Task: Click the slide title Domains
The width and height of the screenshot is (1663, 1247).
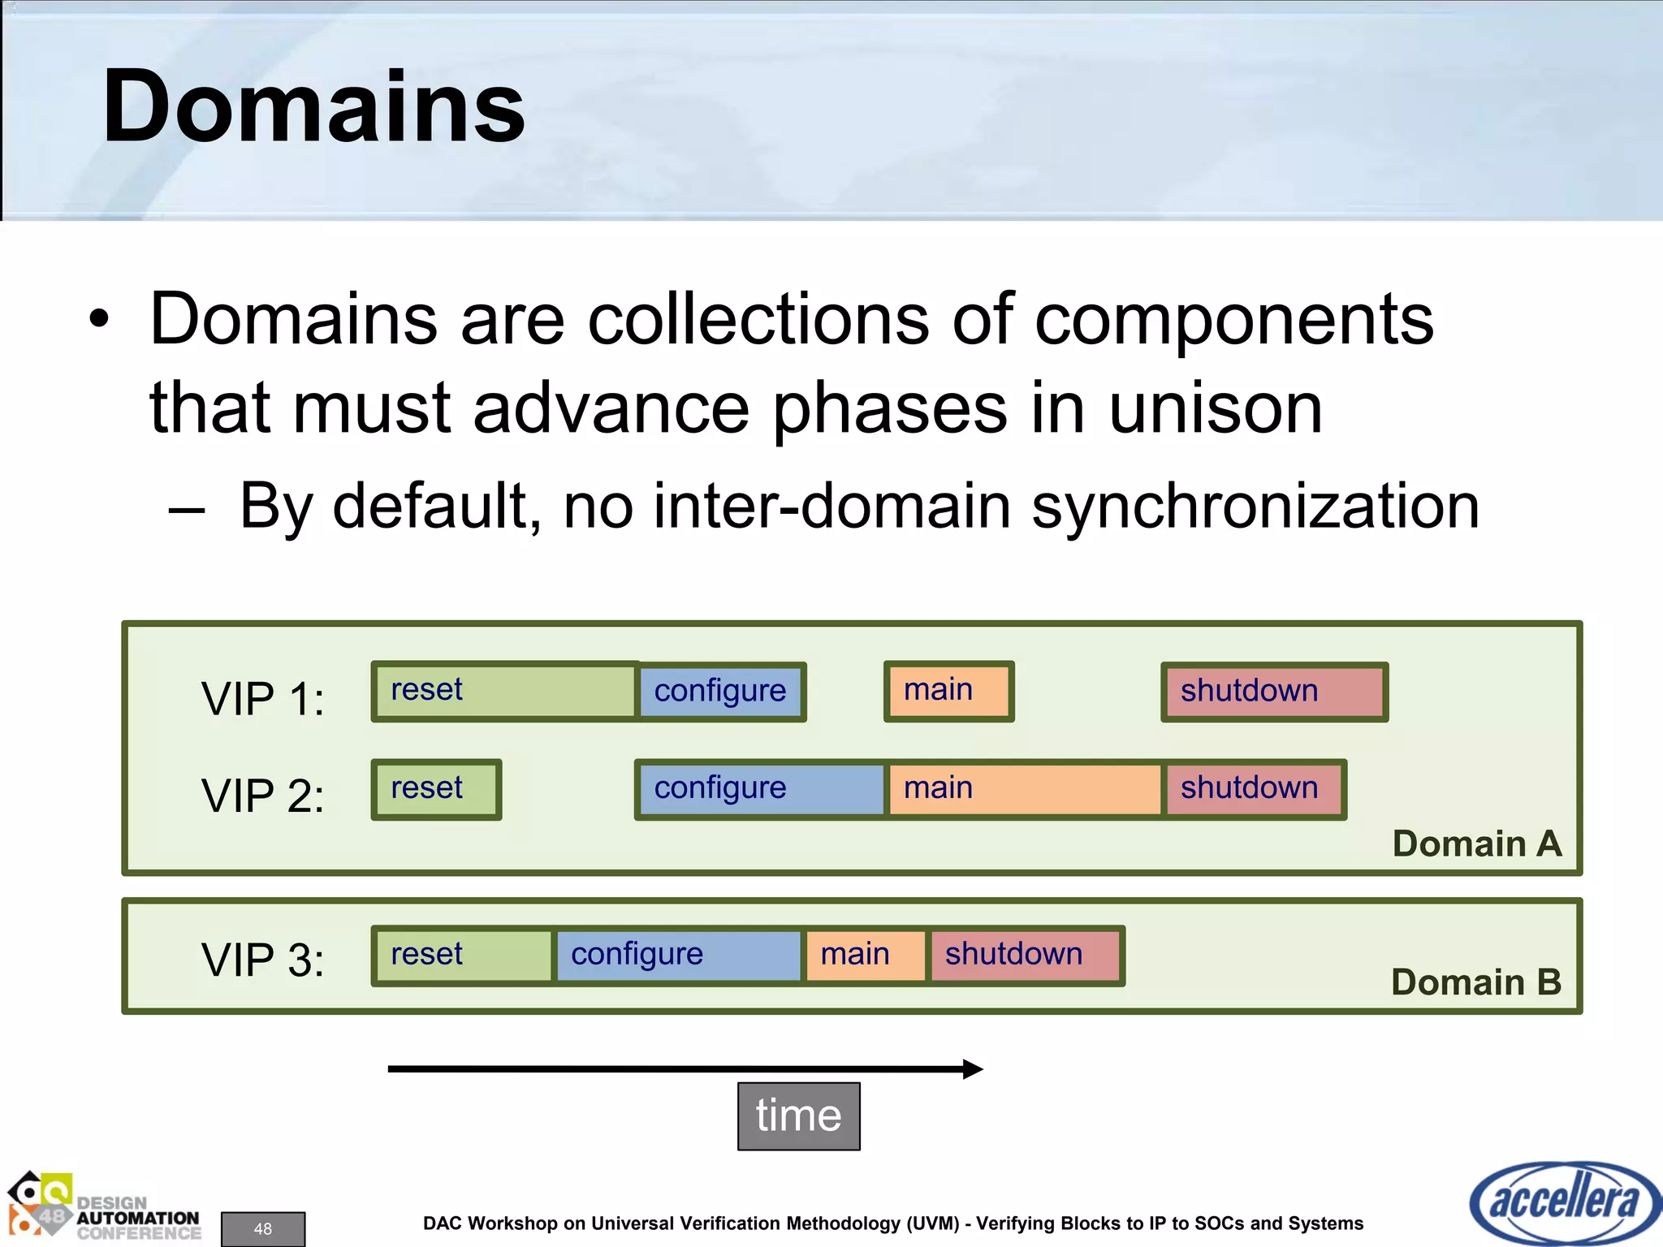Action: pyautogui.click(x=313, y=107)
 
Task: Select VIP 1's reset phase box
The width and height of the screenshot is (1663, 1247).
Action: pyautogui.click(x=503, y=691)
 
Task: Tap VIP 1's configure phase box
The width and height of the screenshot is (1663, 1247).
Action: pyautogui.click(x=721, y=692)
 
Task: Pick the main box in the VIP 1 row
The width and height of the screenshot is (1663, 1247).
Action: pyautogui.click(x=948, y=691)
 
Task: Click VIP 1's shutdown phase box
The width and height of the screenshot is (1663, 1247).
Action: pyautogui.click(x=1273, y=692)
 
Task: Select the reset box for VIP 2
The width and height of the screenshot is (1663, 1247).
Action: pyautogui.click(x=436, y=789)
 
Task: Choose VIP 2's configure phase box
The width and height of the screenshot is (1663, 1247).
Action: pyautogui.click(x=760, y=789)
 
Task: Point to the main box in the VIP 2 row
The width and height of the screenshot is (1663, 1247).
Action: pyautogui.click(x=1025, y=789)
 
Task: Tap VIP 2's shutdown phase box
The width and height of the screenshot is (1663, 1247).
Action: pyautogui.click(x=1255, y=789)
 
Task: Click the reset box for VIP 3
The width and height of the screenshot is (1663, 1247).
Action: pyautogui.click(x=463, y=956)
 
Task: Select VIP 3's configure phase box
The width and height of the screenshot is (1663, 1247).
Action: pyautogui.click(x=679, y=956)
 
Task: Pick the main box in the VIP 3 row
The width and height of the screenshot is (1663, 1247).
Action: pyautogui.click(x=865, y=956)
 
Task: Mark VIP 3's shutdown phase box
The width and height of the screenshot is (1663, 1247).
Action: pyautogui.click(x=1025, y=956)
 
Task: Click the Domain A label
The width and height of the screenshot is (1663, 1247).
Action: pyautogui.click(x=1476, y=844)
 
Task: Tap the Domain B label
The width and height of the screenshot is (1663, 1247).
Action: pyautogui.click(x=1475, y=982)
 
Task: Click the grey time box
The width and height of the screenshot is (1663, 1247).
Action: pyautogui.click(x=798, y=1115)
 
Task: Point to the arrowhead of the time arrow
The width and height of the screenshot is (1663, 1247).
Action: pyautogui.click(x=973, y=1068)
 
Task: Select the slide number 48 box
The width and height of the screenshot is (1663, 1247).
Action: pyautogui.click(x=262, y=1228)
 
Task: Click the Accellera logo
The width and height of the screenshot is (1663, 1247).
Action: pyautogui.click(x=1563, y=1202)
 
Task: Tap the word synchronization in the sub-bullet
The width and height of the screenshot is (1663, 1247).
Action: pyautogui.click(x=1255, y=507)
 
